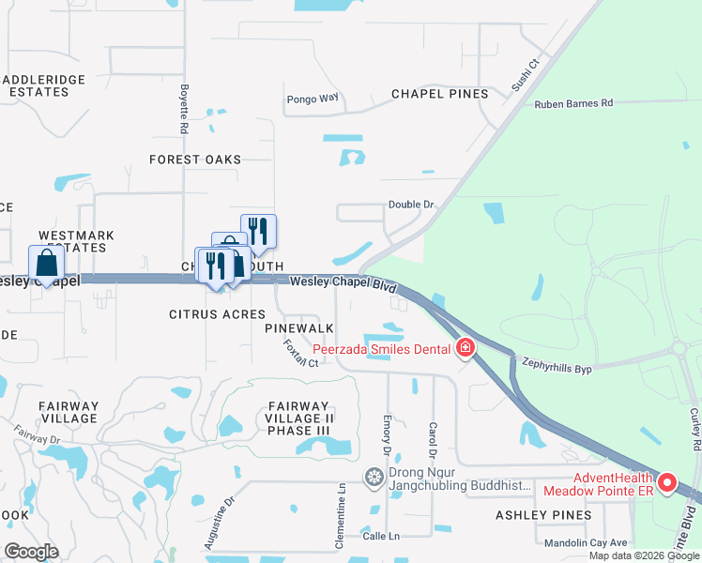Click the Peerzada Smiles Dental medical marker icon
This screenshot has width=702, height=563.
[x=465, y=350]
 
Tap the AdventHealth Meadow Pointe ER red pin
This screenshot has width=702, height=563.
[x=667, y=483]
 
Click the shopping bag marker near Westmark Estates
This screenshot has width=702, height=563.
[x=46, y=265]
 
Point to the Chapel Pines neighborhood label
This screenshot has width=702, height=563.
[x=439, y=94]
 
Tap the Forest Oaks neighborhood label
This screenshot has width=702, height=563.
[x=195, y=160]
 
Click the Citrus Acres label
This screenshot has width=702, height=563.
[x=217, y=313]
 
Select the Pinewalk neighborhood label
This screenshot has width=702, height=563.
[x=299, y=327]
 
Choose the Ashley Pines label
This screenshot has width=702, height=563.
[x=543, y=514]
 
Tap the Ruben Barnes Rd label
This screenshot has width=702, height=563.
[x=573, y=103]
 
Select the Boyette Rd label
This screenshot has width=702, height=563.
[x=185, y=111]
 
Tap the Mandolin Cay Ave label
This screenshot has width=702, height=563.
[x=586, y=542]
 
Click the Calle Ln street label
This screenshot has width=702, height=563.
[x=379, y=537]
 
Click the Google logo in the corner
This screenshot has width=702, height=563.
[x=30, y=552]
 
